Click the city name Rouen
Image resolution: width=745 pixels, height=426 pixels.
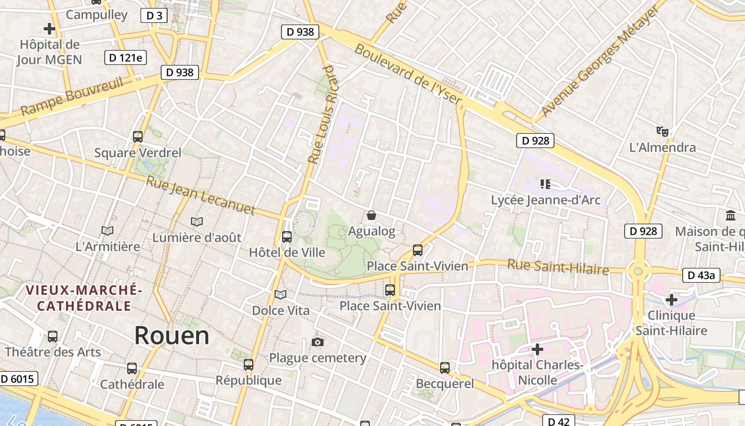[x=171, y=335]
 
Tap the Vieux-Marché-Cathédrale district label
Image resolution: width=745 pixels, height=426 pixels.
[x=84, y=298]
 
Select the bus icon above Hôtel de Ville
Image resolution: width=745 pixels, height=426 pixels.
[x=287, y=236]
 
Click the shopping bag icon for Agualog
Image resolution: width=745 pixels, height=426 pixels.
[x=371, y=215]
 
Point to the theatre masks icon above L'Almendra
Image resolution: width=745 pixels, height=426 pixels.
[x=662, y=131]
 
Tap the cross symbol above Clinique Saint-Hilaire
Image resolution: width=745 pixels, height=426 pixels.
[x=672, y=300]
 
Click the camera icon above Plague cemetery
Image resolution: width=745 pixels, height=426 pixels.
[x=318, y=342]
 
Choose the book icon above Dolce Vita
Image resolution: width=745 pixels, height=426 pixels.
[x=280, y=294]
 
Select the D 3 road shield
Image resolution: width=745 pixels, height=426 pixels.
[x=154, y=15]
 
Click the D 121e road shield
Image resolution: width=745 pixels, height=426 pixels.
[x=126, y=58]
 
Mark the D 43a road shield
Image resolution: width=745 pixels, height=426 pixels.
[x=701, y=275]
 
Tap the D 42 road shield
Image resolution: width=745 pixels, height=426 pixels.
[x=558, y=421]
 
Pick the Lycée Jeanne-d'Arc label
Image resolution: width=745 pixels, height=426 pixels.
[x=545, y=200]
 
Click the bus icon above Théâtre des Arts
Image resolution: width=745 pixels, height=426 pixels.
[x=52, y=337]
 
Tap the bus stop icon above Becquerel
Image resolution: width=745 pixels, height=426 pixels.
[x=445, y=367]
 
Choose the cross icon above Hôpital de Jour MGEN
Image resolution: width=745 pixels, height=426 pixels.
[x=49, y=28]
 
